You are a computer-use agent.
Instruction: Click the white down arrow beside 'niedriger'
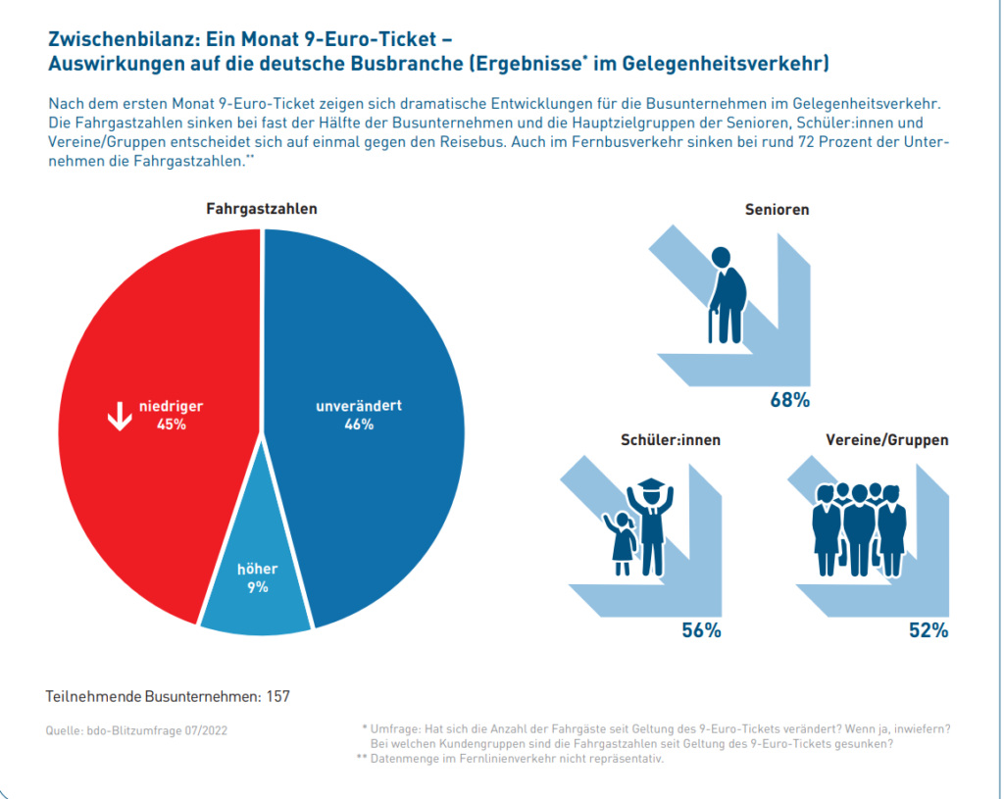pos(120,416)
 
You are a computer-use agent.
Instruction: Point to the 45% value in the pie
pos(172,424)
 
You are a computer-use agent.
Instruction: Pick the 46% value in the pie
pos(359,424)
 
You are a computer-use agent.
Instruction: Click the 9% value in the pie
pos(258,587)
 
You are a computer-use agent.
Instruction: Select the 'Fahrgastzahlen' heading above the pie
pos(261,209)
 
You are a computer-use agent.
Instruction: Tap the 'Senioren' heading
pos(777,210)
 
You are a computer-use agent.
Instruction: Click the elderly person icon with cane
pos(728,294)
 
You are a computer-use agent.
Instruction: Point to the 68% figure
pos(790,400)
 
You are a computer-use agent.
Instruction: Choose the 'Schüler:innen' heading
pos(671,440)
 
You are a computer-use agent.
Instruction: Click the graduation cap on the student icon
pos(651,483)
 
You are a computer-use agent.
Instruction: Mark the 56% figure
pos(701,630)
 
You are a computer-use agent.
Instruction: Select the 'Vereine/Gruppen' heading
pos(886,440)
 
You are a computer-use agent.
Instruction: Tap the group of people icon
pos(859,529)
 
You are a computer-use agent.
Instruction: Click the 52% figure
pos(929,630)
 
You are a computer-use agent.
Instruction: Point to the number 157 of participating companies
pos(277,697)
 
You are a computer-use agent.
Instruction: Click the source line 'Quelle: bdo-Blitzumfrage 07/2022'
pos(136,730)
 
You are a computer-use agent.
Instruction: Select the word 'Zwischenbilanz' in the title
pos(125,39)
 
